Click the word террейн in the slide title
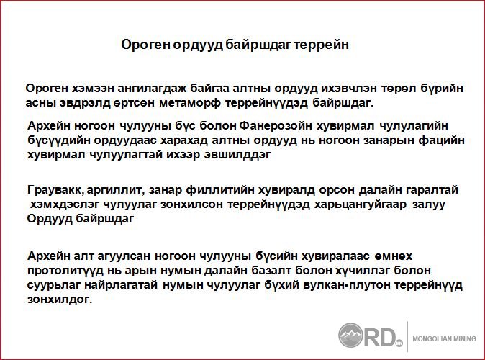coord(321,45)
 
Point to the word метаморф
coord(190,103)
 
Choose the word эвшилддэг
coord(237,155)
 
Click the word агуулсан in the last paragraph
coord(124,256)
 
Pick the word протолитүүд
coord(65,271)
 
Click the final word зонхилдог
coord(60,300)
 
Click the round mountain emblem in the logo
coord(350,336)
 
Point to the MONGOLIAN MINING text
coord(445,339)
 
